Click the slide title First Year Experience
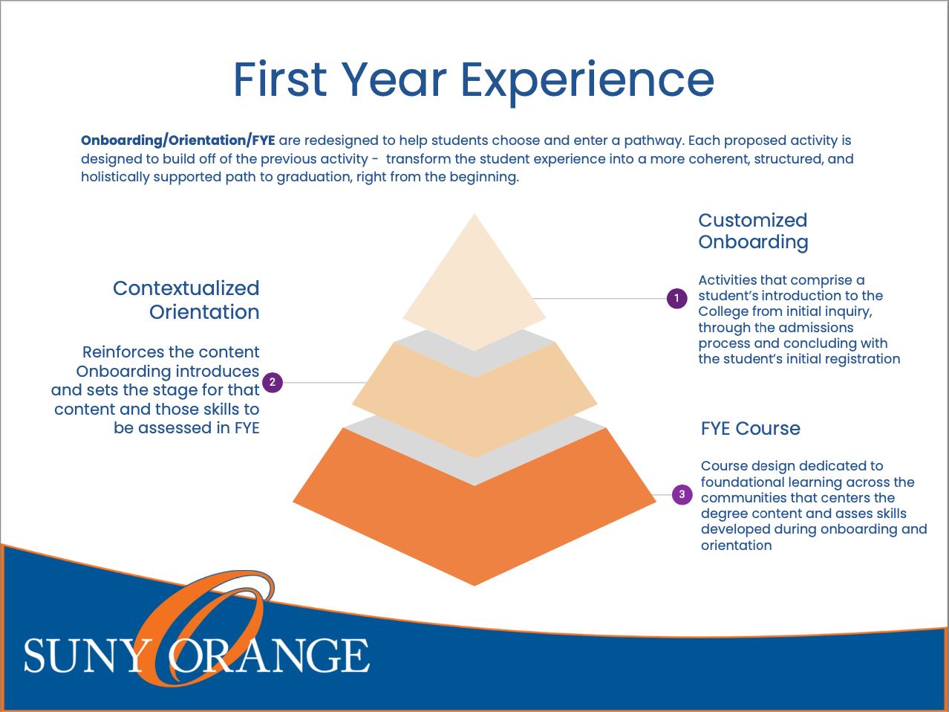[474, 80]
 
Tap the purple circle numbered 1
[676, 299]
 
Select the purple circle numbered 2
[273, 383]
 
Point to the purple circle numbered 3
[682, 494]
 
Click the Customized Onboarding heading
[752, 231]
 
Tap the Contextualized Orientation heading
[186, 300]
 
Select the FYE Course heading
[750, 429]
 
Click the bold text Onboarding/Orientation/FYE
[178, 140]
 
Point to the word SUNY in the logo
[85, 656]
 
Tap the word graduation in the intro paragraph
[313, 178]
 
